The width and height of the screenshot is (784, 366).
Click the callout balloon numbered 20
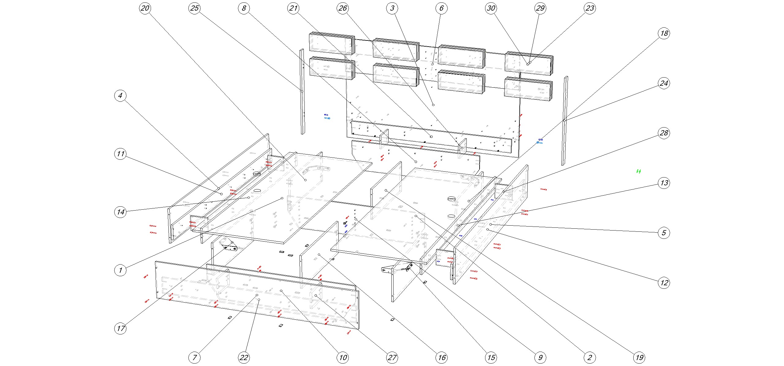click(x=145, y=8)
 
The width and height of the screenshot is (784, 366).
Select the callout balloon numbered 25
click(x=194, y=8)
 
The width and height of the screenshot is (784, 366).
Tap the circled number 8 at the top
click(x=244, y=8)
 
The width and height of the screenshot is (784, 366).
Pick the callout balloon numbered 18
click(x=664, y=33)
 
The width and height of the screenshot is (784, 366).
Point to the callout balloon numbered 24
click(x=664, y=83)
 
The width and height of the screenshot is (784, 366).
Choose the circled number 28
click(x=664, y=133)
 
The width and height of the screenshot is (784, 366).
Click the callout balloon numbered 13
click(x=664, y=183)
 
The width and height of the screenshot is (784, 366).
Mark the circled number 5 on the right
click(x=664, y=233)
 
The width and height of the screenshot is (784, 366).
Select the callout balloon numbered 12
click(x=664, y=282)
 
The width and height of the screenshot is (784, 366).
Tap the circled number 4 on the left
click(x=120, y=96)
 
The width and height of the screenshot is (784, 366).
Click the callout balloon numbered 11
click(x=120, y=154)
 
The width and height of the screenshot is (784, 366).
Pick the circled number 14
click(x=120, y=212)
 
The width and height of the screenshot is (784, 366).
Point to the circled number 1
click(x=120, y=270)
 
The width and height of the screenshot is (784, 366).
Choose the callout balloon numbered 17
click(x=120, y=328)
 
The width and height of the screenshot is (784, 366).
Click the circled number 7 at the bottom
click(x=194, y=357)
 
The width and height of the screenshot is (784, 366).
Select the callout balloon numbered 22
click(x=244, y=357)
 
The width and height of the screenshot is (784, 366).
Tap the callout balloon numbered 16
click(x=442, y=357)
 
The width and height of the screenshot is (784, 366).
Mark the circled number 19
click(x=639, y=357)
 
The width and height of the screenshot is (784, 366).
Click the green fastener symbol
click(x=639, y=171)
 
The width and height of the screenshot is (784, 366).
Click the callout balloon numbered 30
click(x=491, y=8)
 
